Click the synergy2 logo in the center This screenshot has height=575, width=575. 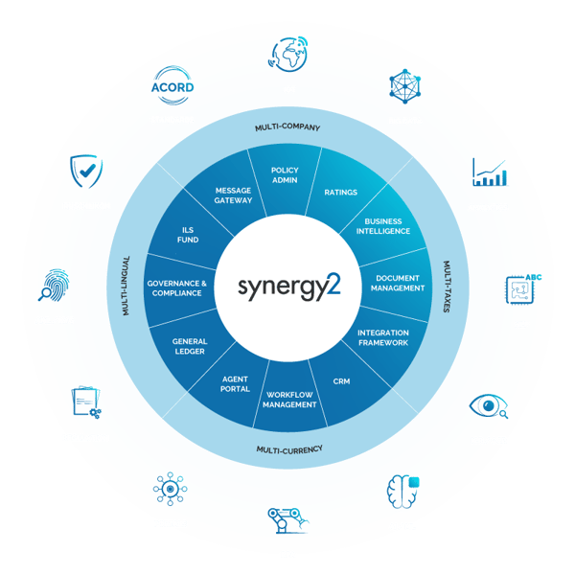click(x=287, y=287)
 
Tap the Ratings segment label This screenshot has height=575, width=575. click(x=341, y=193)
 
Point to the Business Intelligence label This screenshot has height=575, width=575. click(x=382, y=227)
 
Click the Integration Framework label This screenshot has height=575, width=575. click(x=382, y=337)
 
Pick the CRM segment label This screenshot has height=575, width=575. click(x=342, y=380)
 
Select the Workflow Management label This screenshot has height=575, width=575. click(x=290, y=400)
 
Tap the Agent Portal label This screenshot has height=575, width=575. click(x=235, y=383)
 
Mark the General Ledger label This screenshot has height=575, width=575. click(x=190, y=346)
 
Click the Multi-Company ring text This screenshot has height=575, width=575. click(x=287, y=126)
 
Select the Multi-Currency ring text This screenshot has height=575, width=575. click(x=288, y=448)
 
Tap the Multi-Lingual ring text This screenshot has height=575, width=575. click(x=126, y=287)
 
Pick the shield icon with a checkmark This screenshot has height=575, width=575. click(x=86, y=170)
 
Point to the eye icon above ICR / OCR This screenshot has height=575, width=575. click(x=489, y=407)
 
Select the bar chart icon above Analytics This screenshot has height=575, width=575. click(x=489, y=172)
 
